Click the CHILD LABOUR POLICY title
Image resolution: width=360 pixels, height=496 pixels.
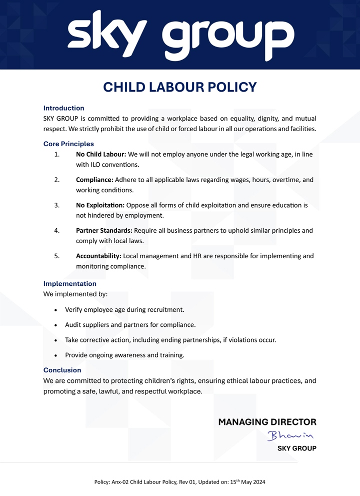[180, 87]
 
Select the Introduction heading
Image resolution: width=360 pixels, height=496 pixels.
[63, 108]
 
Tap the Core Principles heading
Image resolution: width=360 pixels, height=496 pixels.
[68, 144]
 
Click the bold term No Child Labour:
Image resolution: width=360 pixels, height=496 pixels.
[101, 154]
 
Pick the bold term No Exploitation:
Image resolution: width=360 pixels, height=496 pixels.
[100, 205]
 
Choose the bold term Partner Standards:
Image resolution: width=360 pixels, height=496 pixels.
[104, 231]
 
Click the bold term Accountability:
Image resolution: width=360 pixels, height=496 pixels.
[98, 256]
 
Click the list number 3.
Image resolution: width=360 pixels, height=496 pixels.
[57, 205]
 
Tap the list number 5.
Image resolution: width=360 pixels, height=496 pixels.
[57, 256]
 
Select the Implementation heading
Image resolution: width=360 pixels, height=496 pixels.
[70, 284]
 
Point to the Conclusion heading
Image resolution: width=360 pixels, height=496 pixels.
[62, 370]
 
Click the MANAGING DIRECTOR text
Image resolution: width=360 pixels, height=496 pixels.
[267, 422]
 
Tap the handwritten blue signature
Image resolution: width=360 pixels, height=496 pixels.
[290, 435]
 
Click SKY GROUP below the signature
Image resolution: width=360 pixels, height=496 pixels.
[297, 448]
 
